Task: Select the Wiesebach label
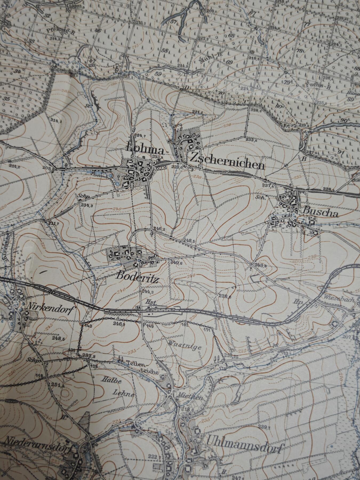339,299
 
